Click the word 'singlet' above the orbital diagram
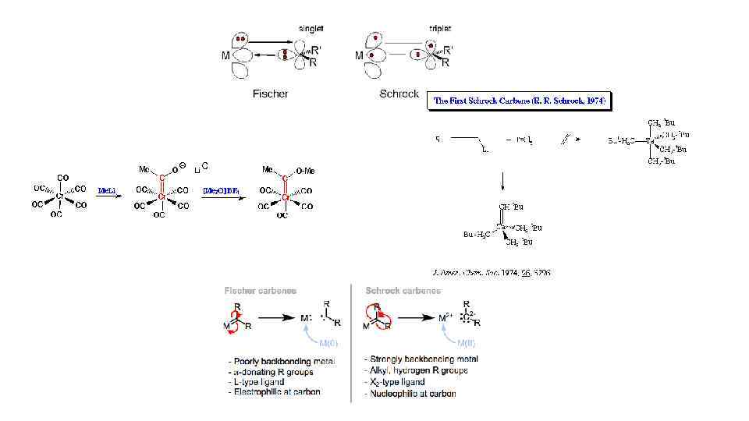pyautogui.click(x=311, y=28)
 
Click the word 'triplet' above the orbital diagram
pyautogui.click(x=439, y=28)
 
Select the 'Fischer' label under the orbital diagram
pyautogui.click(x=270, y=94)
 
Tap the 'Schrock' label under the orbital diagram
pyautogui.click(x=399, y=94)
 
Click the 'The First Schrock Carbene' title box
pyautogui.click(x=520, y=101)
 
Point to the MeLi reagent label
pyautogui.click(x=106, y=189)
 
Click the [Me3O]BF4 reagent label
pyautogui.click(x=221, y=189)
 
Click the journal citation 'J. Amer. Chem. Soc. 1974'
pyautogui.click(x=491, y=273)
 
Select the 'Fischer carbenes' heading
pyautogui.click(x=260, y=291)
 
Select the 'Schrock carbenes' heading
pyautogui.click(x=403, y=291)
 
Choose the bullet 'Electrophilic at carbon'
pyautogui.click(x=277, y=392)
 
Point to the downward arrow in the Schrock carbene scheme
pyautogui.click(x=502, y=181)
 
